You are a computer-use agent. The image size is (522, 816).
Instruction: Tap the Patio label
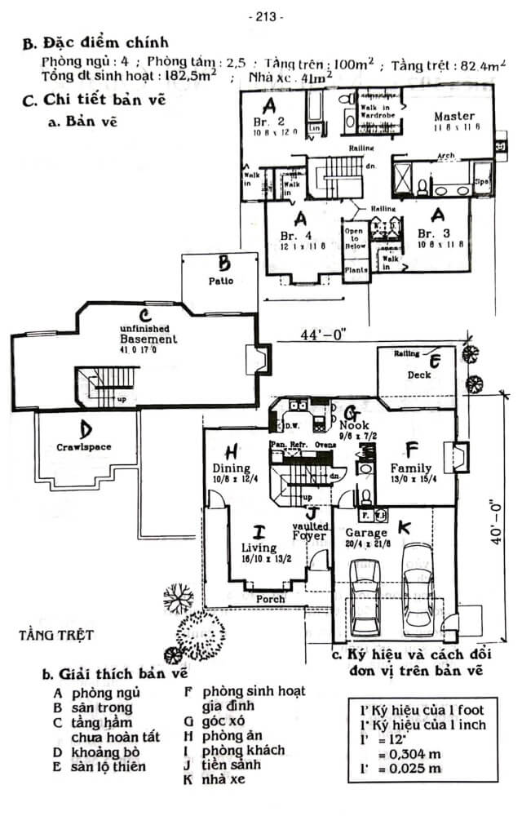coord(220,281)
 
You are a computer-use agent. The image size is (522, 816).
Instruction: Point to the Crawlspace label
coord(84,446)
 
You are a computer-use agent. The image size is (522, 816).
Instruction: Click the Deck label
coord(420,375)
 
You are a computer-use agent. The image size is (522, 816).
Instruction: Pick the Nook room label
coord(355,425)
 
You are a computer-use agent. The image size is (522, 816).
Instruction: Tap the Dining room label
coord(231,468)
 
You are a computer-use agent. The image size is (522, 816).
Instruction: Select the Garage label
coord(365,533)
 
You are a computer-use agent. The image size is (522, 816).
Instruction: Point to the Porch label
coord(271,599)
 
